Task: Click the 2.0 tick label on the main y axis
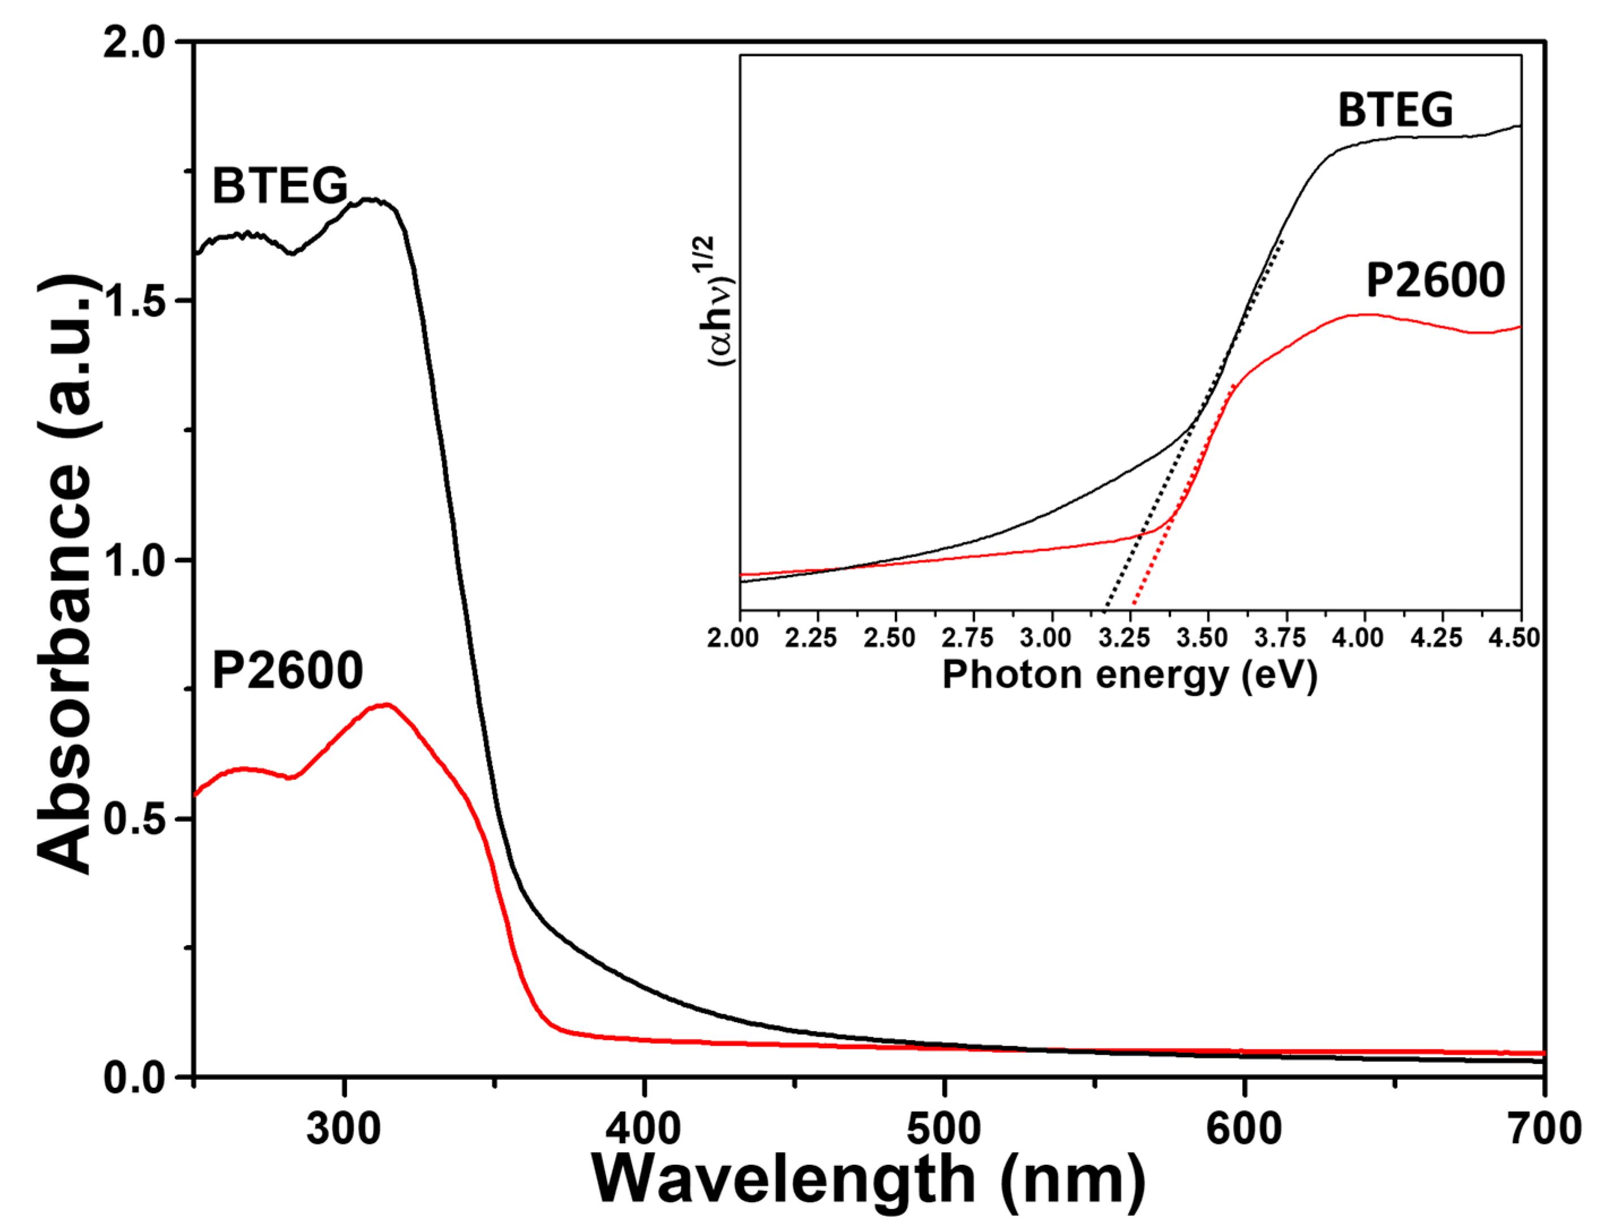click(x=135, y=43)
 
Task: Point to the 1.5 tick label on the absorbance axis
click(x=135, y=301)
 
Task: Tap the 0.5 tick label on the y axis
click(x=135, y=818)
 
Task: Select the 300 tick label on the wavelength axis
click(x=343, y=1129)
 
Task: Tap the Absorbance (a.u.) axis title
click(x=65, y=574)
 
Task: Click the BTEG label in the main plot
click(x=280, y=186)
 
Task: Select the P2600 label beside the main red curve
click(x=287, y=671)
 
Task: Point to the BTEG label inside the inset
click(x=1395, y=110)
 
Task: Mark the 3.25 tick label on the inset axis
click(x=1130, y=638)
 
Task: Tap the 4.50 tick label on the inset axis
click(x=1517, y=638)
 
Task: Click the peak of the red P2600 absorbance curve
click(x=386, y=705)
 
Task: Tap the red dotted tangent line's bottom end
click(x=1133, y=606)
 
